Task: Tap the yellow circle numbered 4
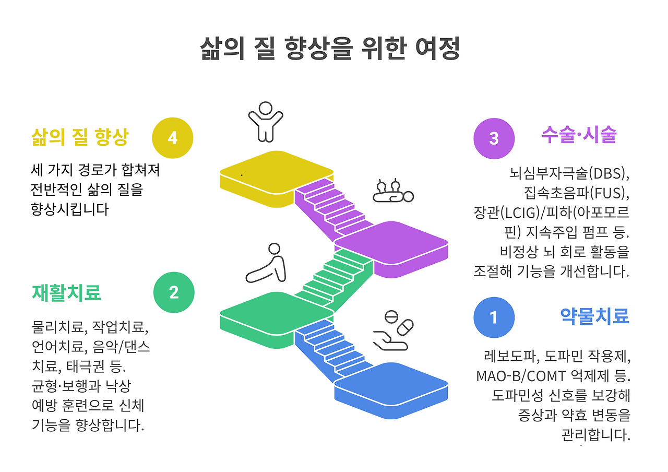(173, 138)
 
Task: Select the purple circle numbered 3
(494, 138)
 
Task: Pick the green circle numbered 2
(174, 292)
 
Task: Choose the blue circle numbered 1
(494, 317)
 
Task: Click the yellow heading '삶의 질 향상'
(79, 137)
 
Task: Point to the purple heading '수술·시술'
(579, 135)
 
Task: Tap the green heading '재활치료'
(66, 292)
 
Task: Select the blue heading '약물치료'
(594, 316)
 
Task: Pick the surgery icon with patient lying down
(393, 191)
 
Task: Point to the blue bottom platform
(391, 383)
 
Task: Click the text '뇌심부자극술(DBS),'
(569, 172)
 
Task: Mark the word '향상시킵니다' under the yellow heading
(70, 209)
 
